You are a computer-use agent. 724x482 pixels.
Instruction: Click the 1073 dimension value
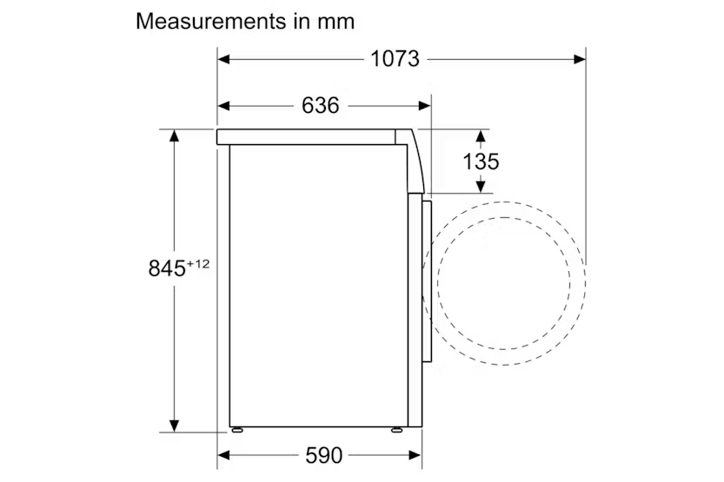pyautogui.click(x=395, y=59)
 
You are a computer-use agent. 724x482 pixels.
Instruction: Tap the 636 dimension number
pyautogui.click(x=321, y=106)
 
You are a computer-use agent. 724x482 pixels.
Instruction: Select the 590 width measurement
pyautogui.click(x=323, y=456)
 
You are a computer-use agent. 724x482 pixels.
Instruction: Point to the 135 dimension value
pyautogui.click(x=481, y=162)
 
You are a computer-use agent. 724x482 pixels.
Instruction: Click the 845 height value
pyautogui.click(x=167, y=268)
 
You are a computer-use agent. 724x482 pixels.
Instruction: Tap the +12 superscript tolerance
pyautogui.click(x=198, y=264)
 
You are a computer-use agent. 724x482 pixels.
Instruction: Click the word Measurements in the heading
pyautogui.click(x=211, y=21)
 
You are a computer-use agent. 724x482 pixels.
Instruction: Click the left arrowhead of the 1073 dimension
pyautogui.click(x=224, y=59)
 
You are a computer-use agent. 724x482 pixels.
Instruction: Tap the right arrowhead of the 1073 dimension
pyautogui.click(x=580, y=59)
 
